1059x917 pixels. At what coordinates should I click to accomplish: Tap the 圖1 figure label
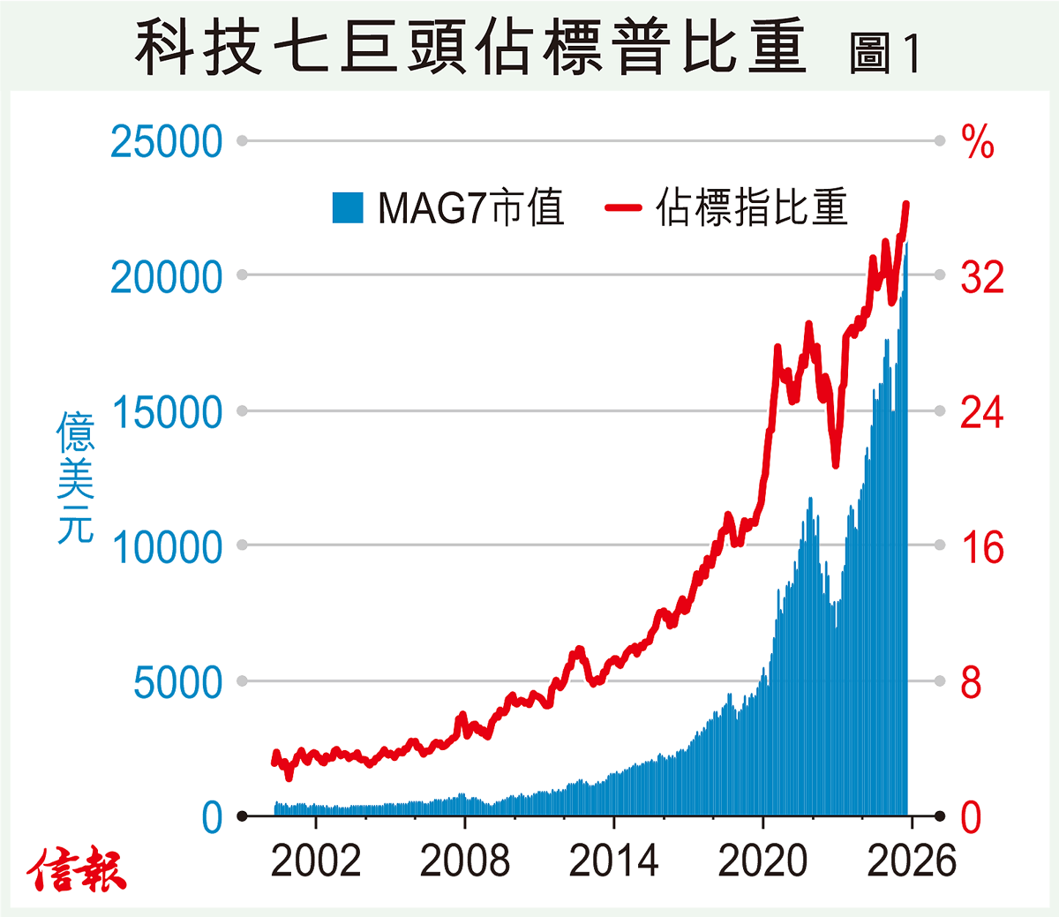[884, 53]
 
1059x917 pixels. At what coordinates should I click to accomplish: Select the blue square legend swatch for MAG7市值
[348, 207]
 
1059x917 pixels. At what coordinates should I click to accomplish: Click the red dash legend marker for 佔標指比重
[623, 208]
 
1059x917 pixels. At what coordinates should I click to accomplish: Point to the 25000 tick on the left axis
[167, 141]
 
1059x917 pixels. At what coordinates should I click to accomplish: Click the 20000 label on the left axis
[167, 277]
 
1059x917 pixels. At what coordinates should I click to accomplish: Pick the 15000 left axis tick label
[167, 412]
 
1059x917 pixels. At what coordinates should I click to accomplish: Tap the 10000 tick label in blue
[167, 548]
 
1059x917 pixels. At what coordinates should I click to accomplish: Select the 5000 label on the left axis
[177, 683]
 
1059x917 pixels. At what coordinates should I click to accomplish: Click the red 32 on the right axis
[982, 277]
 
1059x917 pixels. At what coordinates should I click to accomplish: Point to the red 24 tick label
[982, 412]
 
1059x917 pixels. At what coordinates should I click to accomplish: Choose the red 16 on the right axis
[982, 548]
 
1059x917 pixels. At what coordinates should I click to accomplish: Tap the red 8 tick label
[971, 683]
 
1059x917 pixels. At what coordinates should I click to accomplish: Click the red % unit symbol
[977, 141]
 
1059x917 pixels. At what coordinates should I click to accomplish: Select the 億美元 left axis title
[75, 477]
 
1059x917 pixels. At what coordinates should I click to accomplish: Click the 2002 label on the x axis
[316, 861]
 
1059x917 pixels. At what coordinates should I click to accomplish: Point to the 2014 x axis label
[613, 861]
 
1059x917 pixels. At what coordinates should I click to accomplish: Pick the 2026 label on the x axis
[912, 861]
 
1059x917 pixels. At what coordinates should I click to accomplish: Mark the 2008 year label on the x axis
[465, 861]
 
